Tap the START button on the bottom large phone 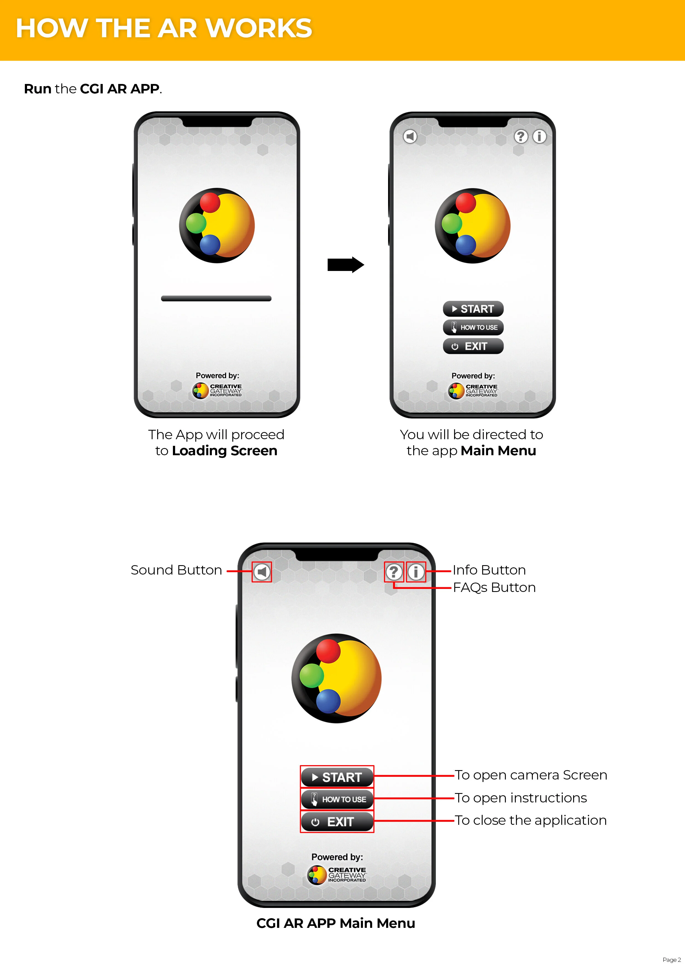(337, 777)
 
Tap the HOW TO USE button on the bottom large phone (337, 799)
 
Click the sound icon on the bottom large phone (262, 572)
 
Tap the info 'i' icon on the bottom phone (416, 572)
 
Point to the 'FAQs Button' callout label (494, 588)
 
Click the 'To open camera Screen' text (531, 775)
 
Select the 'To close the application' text (530, 820)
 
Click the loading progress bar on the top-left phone (216, 298)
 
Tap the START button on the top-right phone (473, 309)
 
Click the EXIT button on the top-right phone (473, 346)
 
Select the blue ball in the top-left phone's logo (210, 245)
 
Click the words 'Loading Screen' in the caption (225, 451)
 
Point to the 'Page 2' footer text (671, 959)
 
